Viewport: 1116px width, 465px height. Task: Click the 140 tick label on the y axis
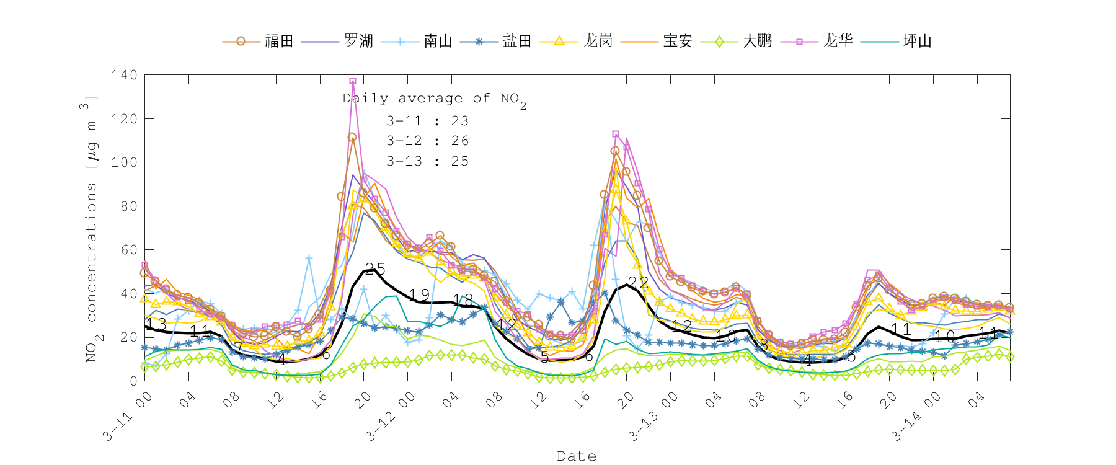click(124, 75)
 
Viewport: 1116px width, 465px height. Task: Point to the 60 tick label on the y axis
click(128, 250)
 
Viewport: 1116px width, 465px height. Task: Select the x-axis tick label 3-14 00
click(911, 417)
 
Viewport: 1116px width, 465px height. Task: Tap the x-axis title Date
click(577, 456)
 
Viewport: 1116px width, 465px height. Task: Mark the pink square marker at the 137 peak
click(353, 81)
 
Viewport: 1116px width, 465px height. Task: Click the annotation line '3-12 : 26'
click(427, 141)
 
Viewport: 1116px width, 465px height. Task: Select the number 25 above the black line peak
click(375, 269)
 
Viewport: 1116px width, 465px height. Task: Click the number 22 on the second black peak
click(638, 283)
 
